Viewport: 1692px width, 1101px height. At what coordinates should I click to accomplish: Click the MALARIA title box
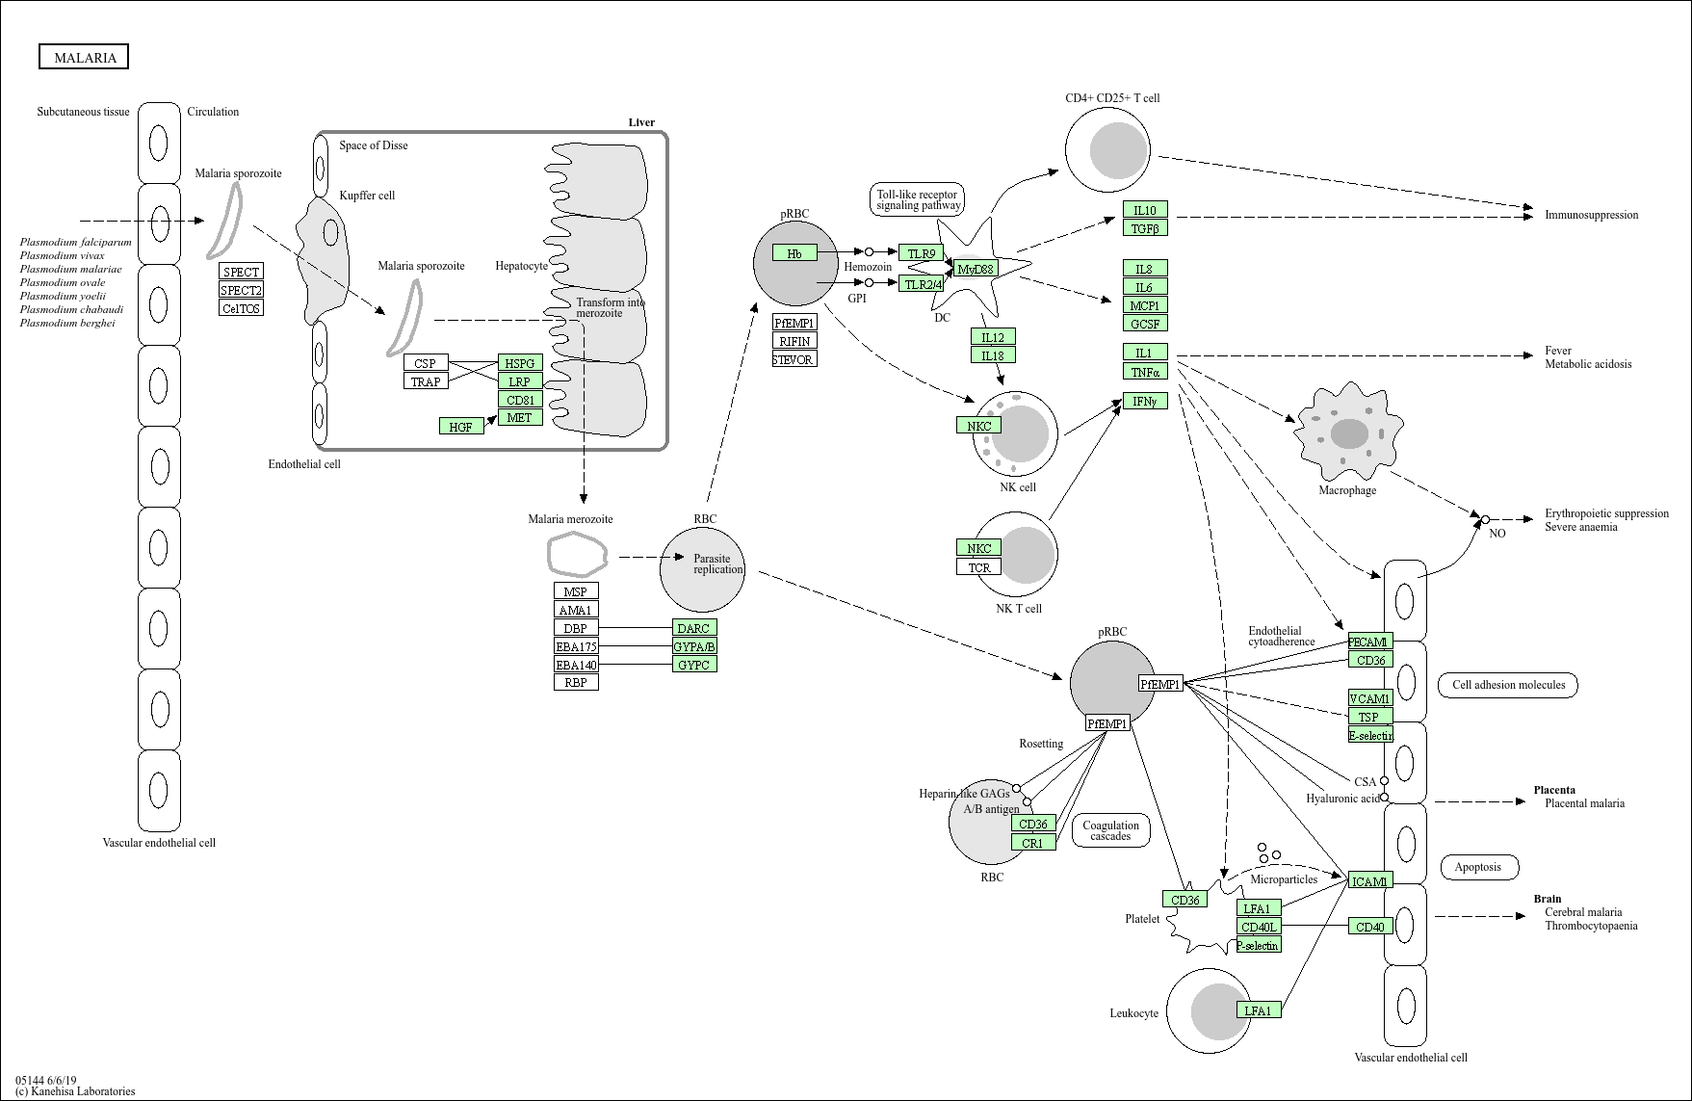point(84,58)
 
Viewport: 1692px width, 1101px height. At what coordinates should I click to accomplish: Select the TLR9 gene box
point(921,253)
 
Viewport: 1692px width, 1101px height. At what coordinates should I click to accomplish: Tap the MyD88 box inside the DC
point(976,269)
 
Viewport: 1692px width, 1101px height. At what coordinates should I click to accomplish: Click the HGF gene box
point(461,426)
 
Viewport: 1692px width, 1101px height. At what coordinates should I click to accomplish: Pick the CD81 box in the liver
point(520,400)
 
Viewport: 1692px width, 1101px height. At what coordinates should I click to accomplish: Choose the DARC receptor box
point(694,628)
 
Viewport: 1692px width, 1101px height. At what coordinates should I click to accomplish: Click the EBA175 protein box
point(576,646)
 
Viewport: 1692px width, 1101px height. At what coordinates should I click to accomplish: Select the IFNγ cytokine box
point(1145,401)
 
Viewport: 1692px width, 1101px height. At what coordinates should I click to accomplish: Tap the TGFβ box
point(1145,228)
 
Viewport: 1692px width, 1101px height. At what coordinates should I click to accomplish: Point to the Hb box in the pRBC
point(794,253)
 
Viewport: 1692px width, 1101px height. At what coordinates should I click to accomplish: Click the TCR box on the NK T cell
point(979,567)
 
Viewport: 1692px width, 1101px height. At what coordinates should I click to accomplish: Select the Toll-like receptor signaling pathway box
point(918,199)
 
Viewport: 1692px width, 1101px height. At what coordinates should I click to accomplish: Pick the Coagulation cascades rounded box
point(1110,830)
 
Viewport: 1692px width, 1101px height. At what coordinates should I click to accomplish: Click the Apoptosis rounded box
point(1478,867)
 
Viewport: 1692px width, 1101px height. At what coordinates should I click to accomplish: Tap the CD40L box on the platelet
point(1259,928)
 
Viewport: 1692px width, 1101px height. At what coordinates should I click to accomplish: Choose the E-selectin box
point(1370,735)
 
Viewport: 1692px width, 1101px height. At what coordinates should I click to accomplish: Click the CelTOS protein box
point(241,308)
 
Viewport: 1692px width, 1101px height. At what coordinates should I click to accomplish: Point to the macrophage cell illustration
point(1348,433)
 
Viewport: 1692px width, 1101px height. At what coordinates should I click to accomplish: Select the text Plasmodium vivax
point(62,255)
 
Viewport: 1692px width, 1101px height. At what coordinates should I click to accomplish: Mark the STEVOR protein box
point(794,359)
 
